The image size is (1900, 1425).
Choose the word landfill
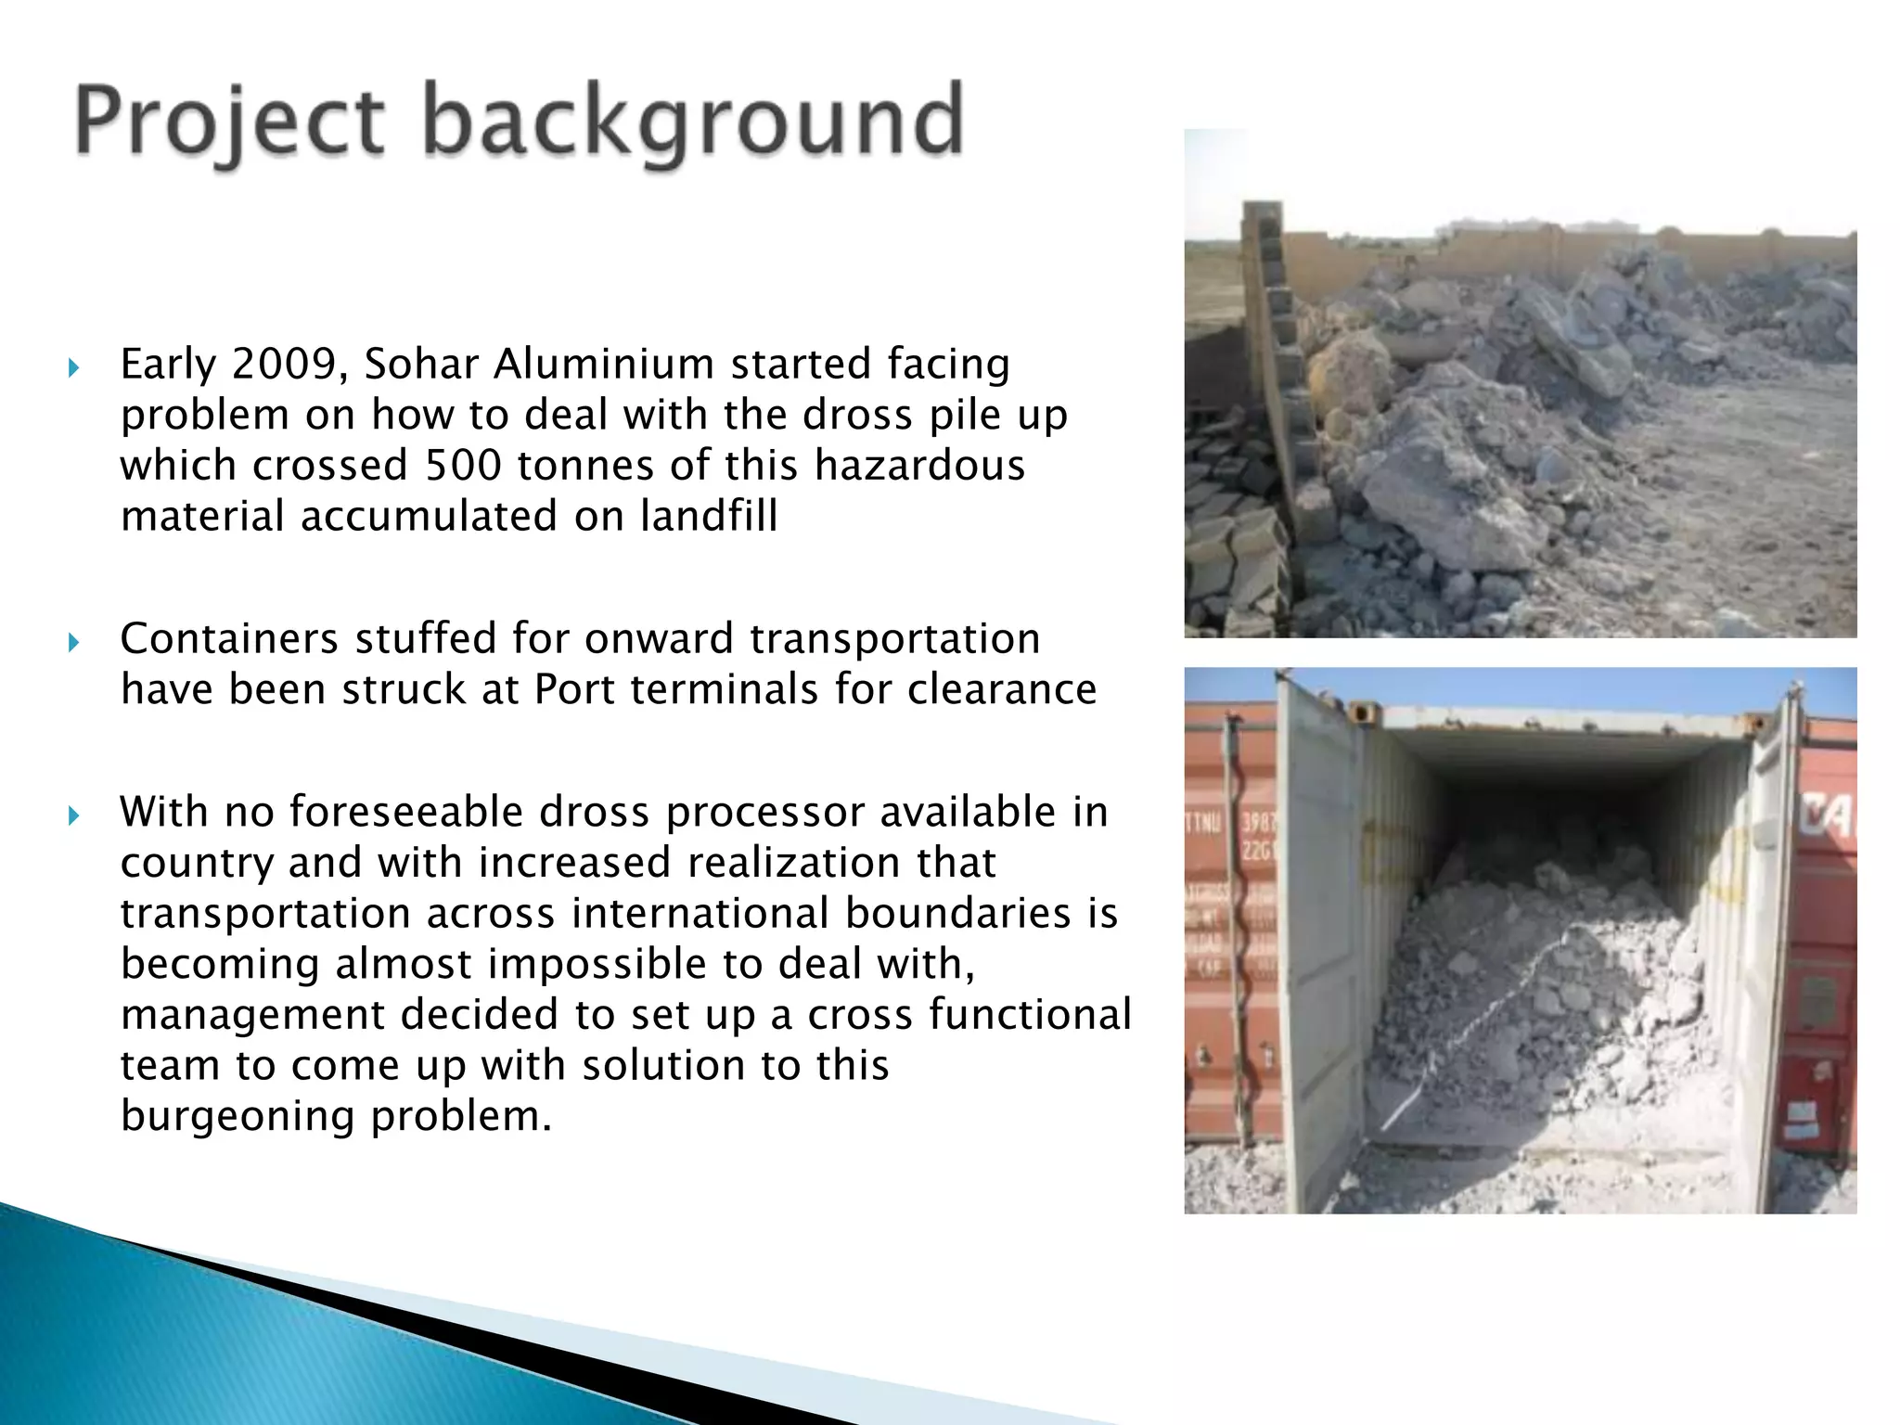pos(709,516)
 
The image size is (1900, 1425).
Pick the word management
pos(252,1014)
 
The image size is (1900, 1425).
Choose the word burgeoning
pos(237,1115)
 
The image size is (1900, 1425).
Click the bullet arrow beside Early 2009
pos(74,368)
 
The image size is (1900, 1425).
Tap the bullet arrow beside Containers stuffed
pos(74,642)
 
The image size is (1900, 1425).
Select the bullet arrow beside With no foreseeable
pos(74,815)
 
